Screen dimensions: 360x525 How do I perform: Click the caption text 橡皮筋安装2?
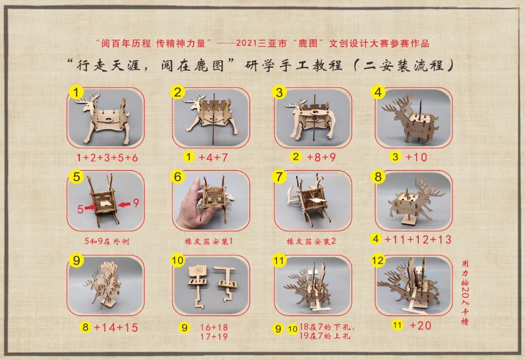click(311, 241)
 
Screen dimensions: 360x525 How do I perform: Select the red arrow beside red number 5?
click(90, 207)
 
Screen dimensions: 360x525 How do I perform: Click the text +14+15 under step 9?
click(116, 327)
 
